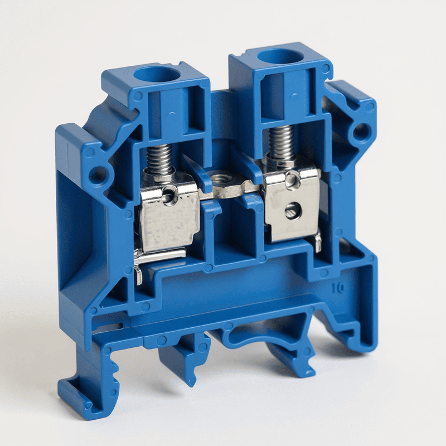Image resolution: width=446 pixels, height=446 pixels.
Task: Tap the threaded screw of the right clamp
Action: [x=280, y=142]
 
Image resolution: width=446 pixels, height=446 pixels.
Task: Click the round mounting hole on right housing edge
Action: [x=361, y=132]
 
